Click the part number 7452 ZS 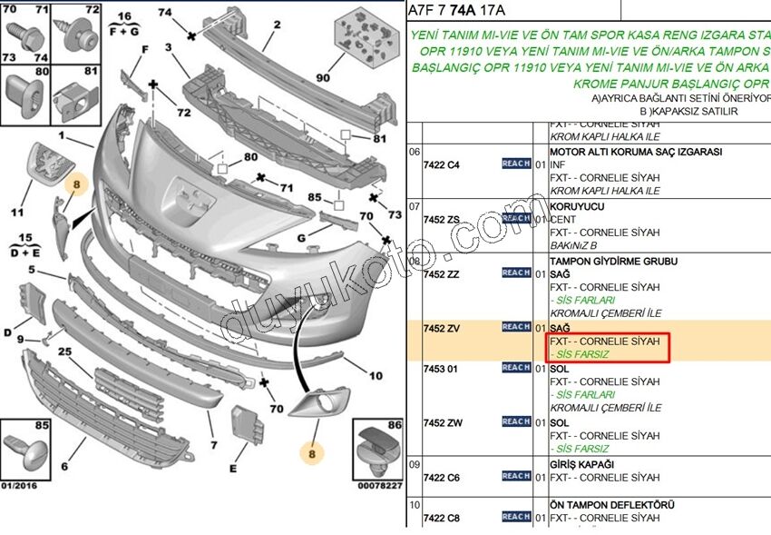pos(442,219)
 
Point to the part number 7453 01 pos(440,368)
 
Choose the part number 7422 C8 pos(442,518)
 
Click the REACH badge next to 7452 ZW pos(516,421)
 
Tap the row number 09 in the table pos(415,464)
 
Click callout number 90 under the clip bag pos(324,77)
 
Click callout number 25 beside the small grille pos(64,352)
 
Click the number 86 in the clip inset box pos(394,425)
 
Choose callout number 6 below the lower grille pos(65,467)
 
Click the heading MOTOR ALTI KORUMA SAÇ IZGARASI pos(636,152)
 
